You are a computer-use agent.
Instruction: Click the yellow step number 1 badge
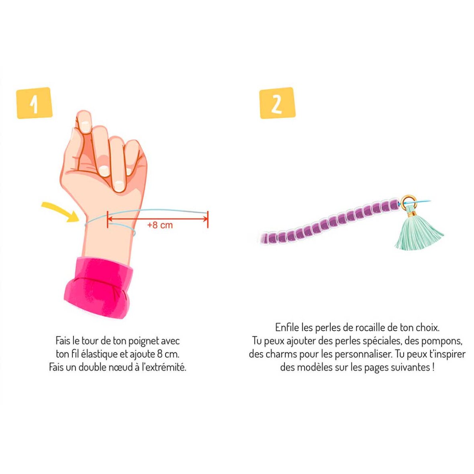[x=35, y=103]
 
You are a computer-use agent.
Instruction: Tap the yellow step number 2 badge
[x=277, y=103]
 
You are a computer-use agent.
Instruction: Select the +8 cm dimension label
[x=160, y=225]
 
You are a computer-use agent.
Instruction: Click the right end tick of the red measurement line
[x=208, y=219]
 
